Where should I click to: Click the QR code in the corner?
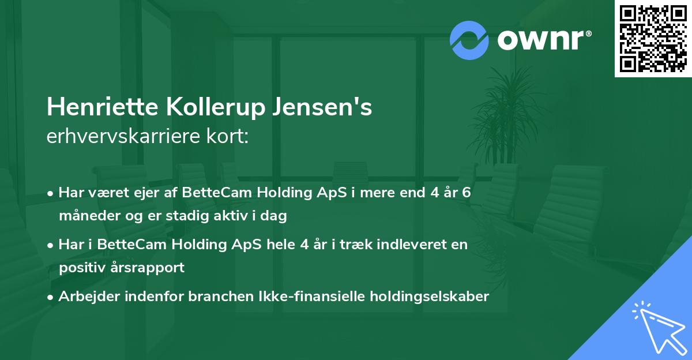point(653,39)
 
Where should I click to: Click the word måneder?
point(87,216)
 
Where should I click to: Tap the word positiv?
point(80,268)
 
